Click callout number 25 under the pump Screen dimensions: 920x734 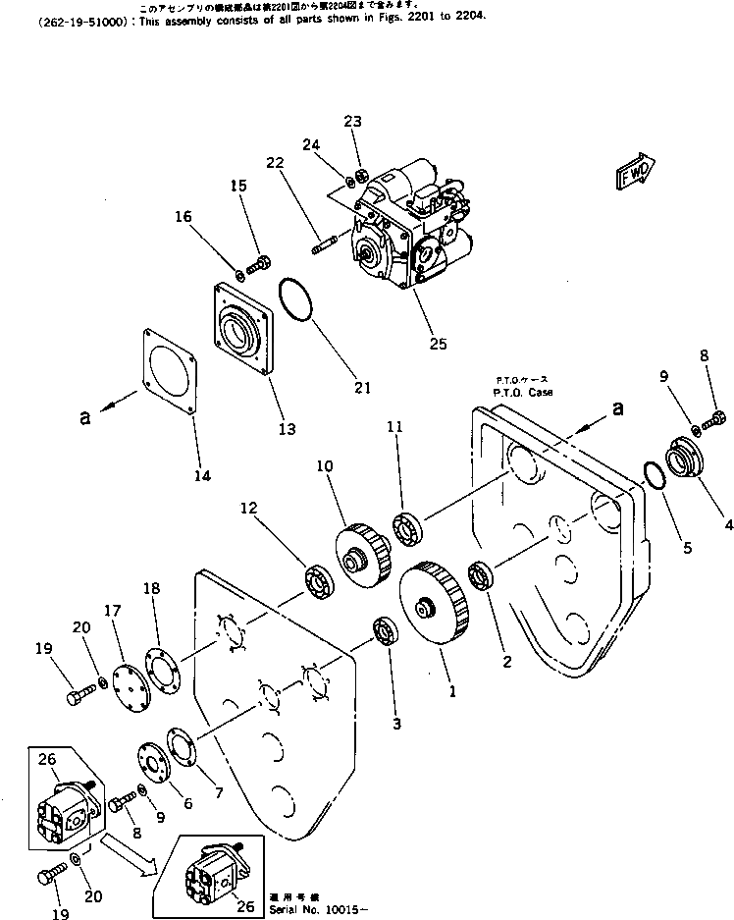[x=437, y=344]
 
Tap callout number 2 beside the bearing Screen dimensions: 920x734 [x=506, y=661]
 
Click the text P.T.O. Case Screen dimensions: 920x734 [x=522, y=392]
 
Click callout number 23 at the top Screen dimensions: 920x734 [x=352, y=121]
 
